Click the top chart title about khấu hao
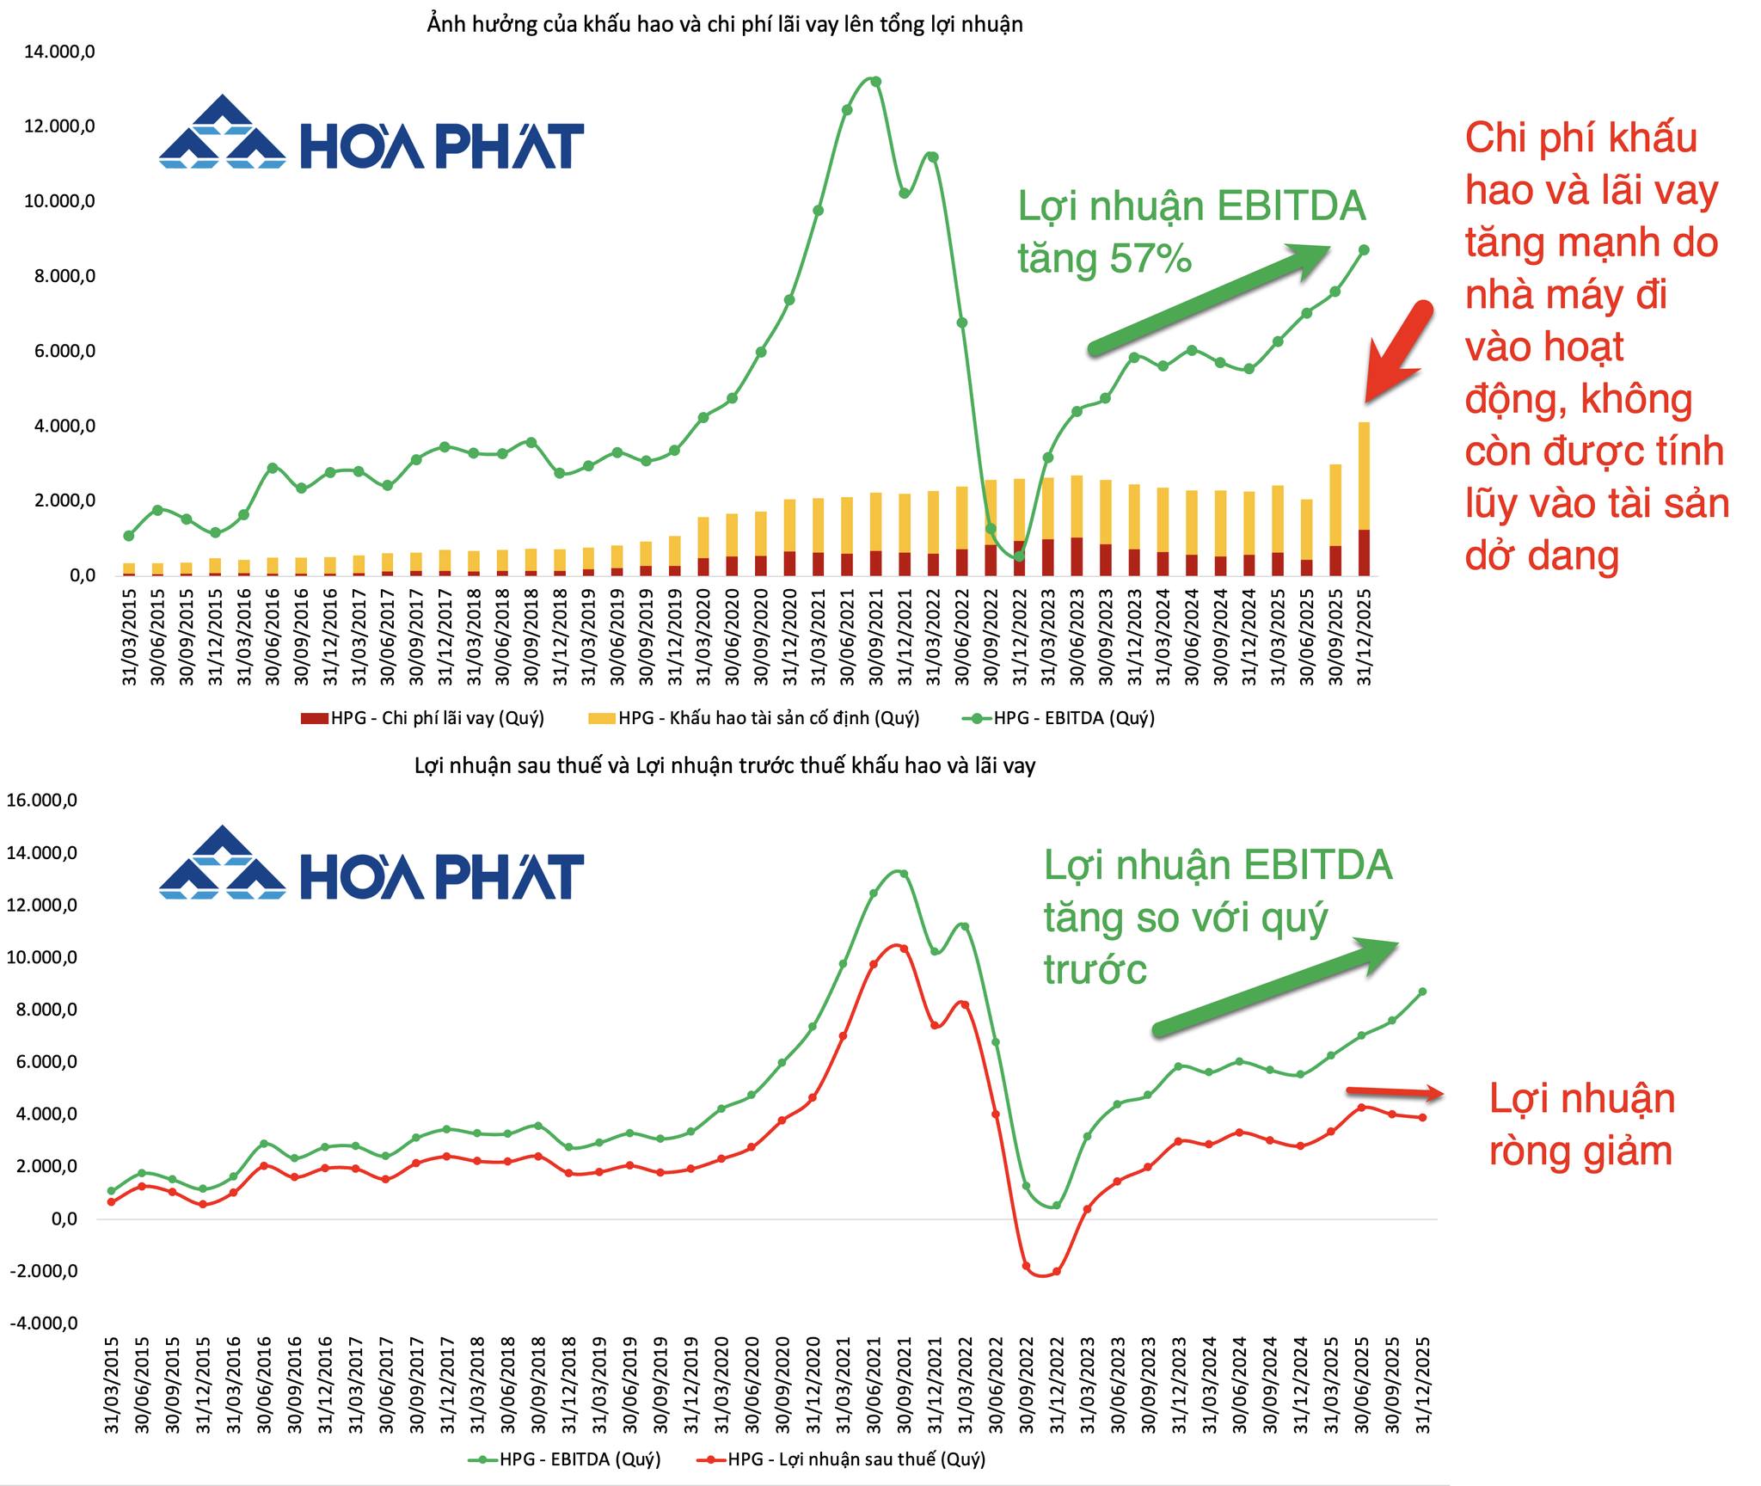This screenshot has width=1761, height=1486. (725, 24)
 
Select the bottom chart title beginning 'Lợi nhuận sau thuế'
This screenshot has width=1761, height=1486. (725, 765)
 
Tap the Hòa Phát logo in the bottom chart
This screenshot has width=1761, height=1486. (371, 863)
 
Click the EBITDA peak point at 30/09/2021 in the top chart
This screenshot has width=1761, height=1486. (876, 82)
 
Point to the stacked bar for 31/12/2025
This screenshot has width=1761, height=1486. (1364, 499)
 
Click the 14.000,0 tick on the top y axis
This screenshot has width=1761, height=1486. (59, 52)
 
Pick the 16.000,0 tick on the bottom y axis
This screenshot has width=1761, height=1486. (43, 801)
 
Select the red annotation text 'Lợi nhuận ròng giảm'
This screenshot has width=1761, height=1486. (1582, 1125)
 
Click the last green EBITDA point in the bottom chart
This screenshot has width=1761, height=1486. (1422, 992)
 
